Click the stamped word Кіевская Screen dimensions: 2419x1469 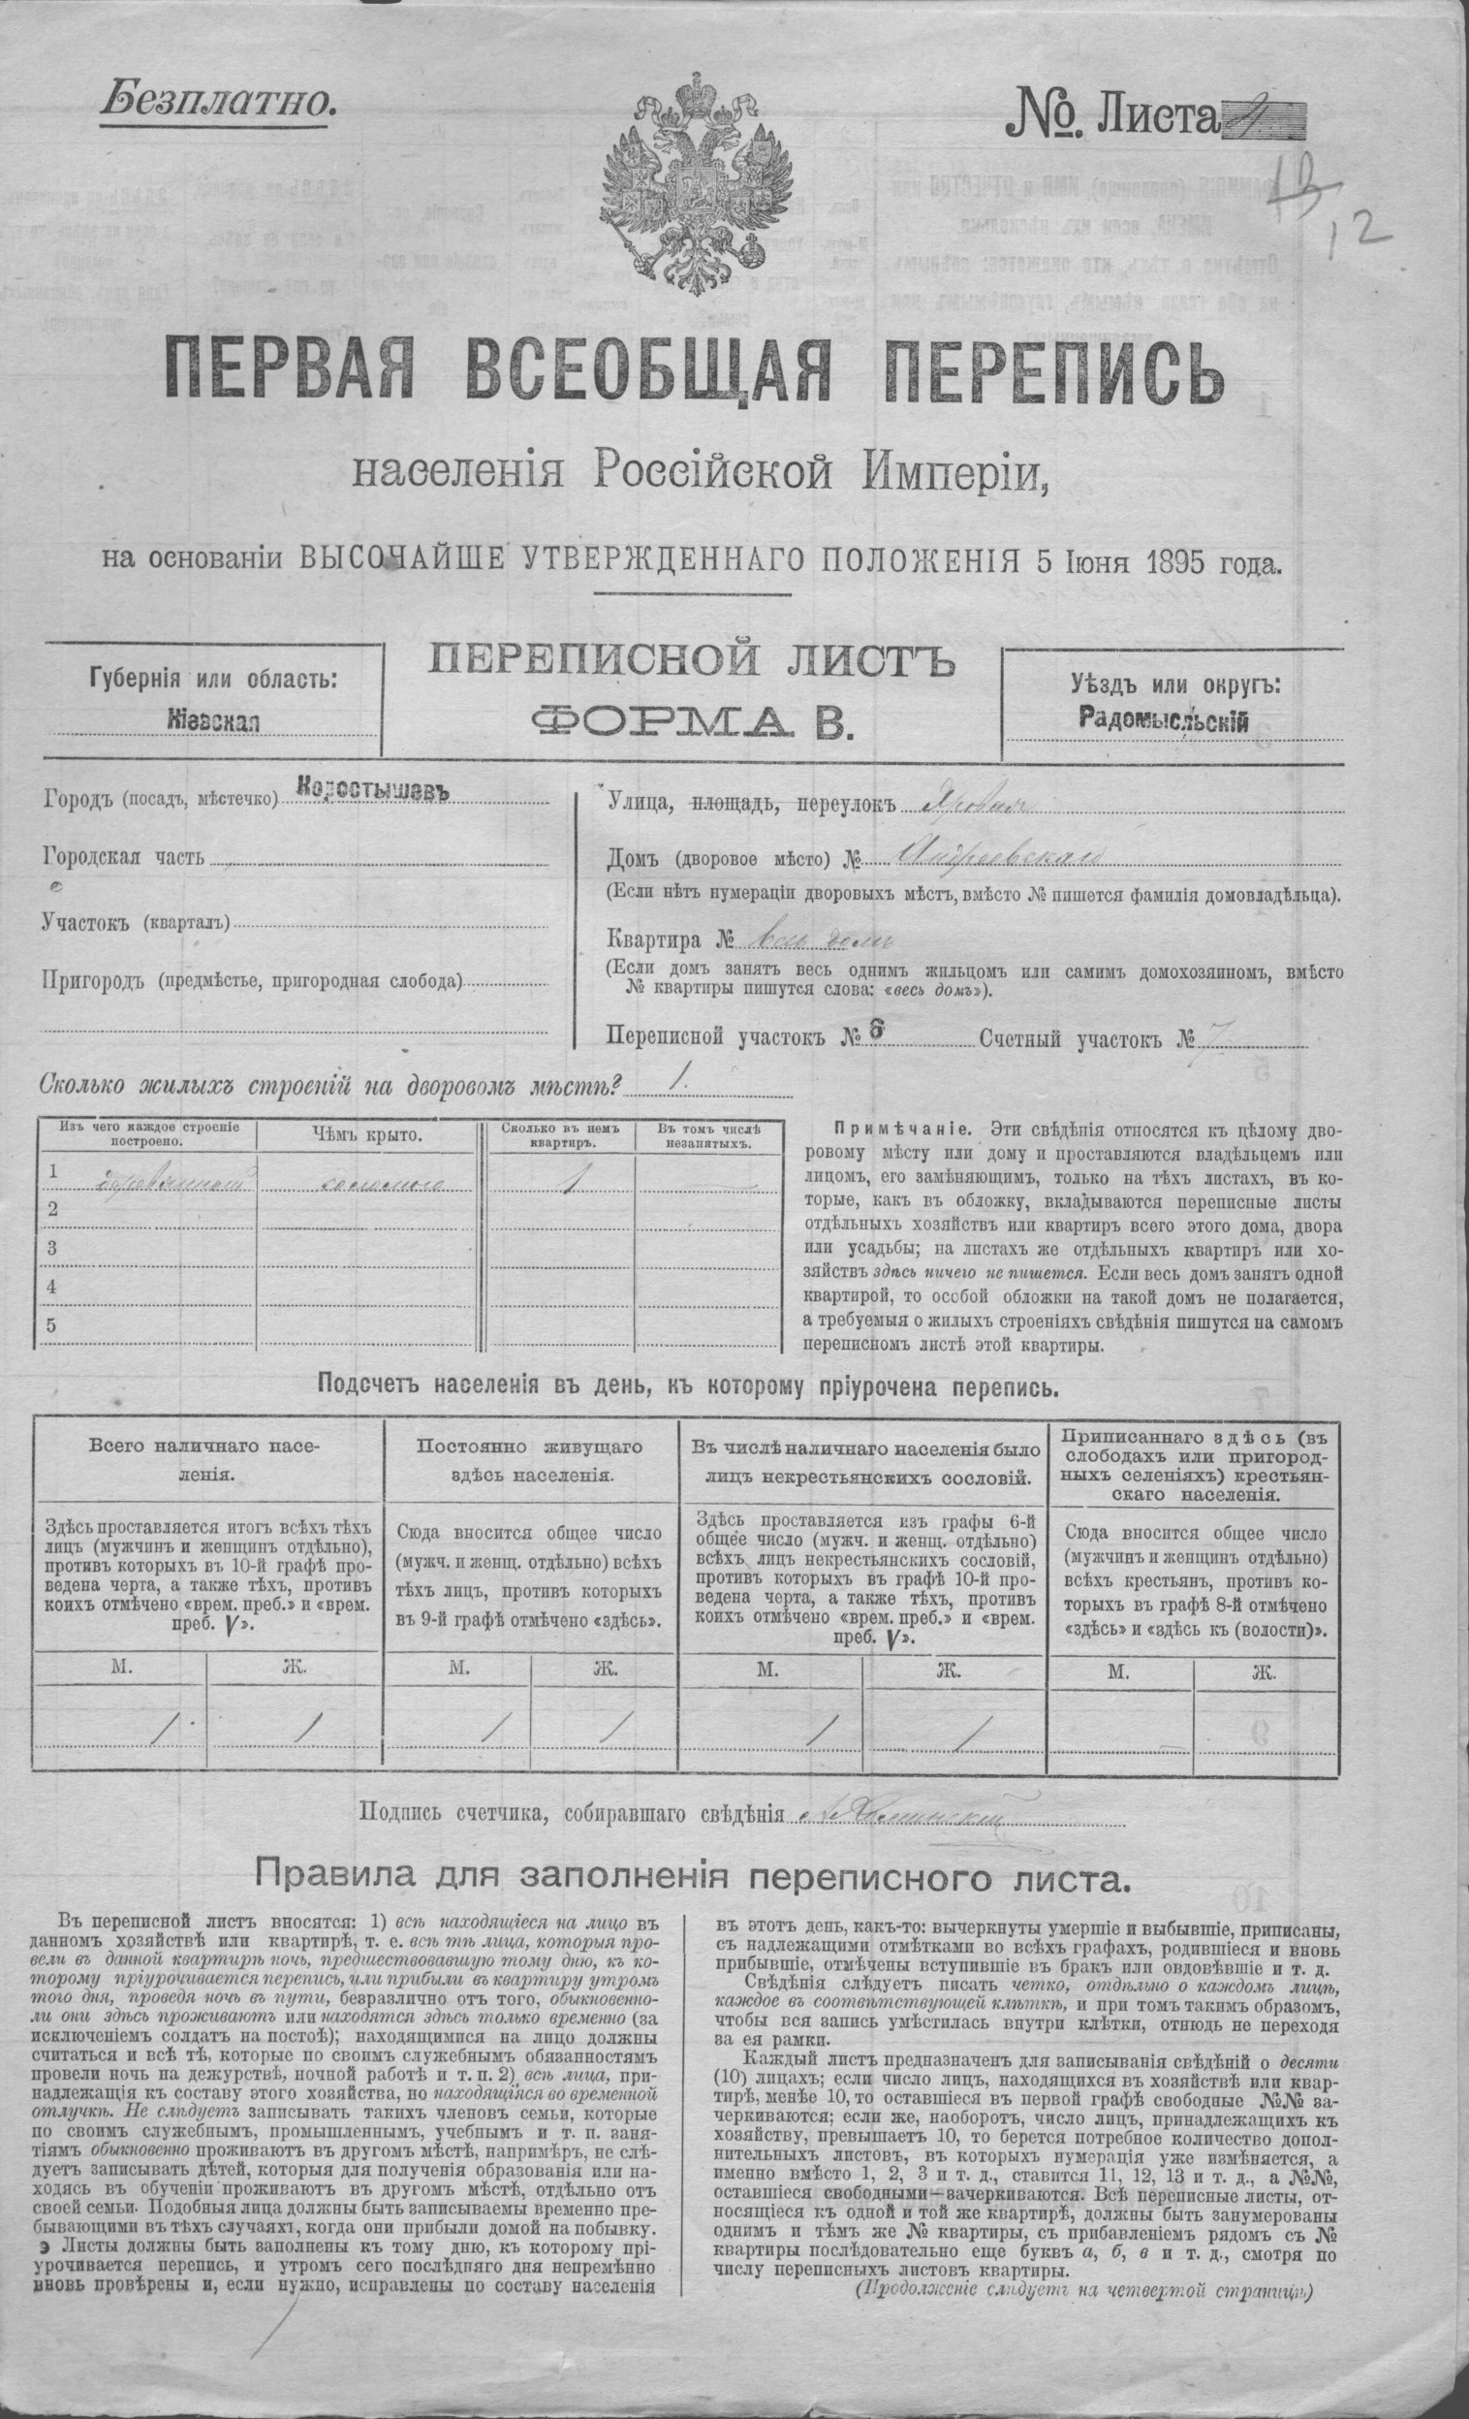coord(213,720)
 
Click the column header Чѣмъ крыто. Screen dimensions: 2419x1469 coord(367,1136)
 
